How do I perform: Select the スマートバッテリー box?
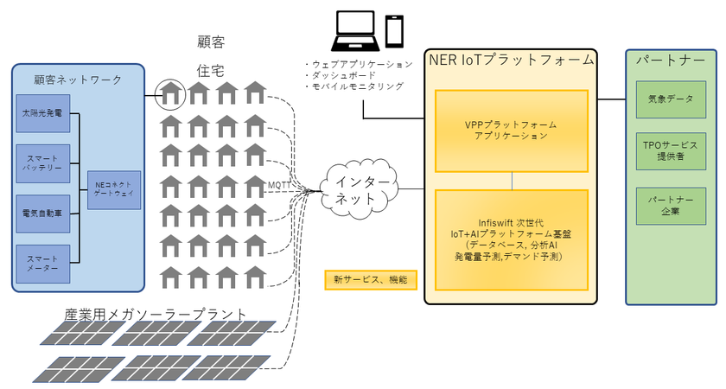coord(42,162)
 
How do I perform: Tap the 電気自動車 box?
coord(42,211)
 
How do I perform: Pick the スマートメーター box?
coord(42,263)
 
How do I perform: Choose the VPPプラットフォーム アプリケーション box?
coord(512,130)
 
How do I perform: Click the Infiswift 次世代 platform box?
coord(512,239)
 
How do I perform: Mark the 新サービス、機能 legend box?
coord(370,279)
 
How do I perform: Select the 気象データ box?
coord(671,99)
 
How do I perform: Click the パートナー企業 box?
coord(671,206)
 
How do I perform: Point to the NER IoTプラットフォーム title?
coord(512,60)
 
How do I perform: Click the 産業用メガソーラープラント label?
coord(156,313)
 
